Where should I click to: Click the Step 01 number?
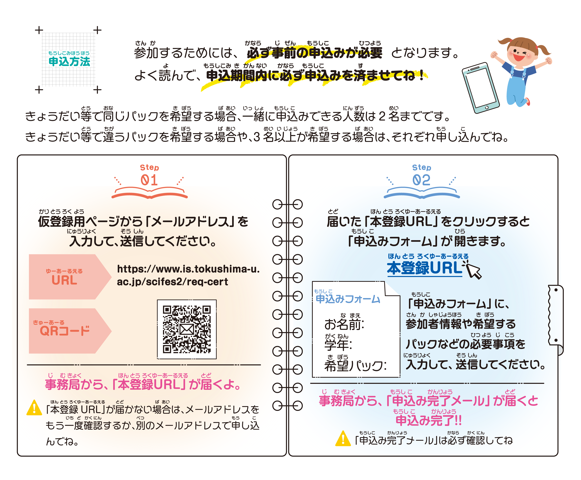[149, 180]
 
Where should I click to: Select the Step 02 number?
[421, 180]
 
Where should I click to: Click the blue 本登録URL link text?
[425, 268]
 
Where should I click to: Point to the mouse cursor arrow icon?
[473, 271]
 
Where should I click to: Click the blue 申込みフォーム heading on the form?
[348, 299]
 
